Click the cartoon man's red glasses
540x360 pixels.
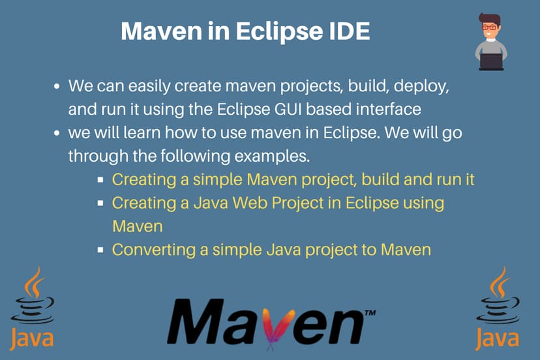point(489,27)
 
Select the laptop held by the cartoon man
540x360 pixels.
point(491,60)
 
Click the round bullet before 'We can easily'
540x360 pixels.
point(57,87)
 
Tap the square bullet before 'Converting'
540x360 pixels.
point(101,249)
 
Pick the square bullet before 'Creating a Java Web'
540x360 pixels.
point(101,203)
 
